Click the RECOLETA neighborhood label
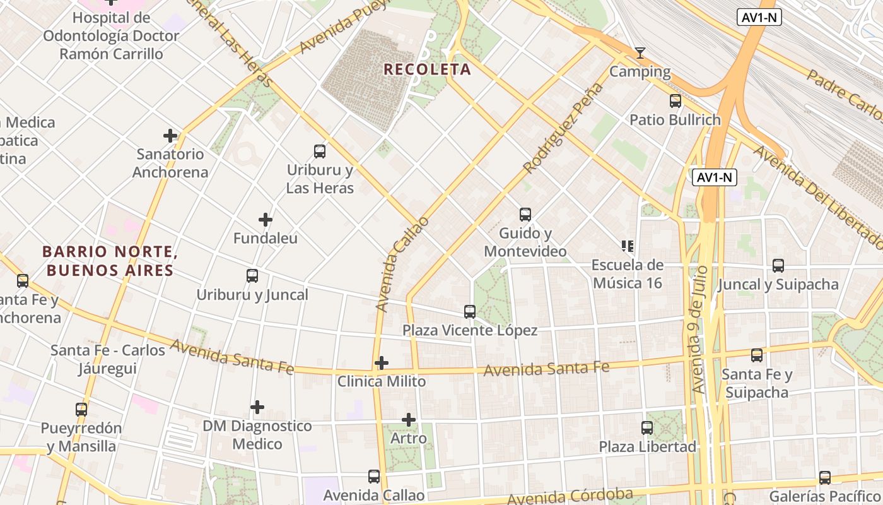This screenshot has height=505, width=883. click(427, 69)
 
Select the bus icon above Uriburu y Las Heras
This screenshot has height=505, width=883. click(320, 151)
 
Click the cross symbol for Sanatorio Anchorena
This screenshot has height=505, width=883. click(170, 136)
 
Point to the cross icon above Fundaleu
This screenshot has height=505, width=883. click(266, 220)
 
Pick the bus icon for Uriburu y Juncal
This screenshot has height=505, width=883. click(252, 276)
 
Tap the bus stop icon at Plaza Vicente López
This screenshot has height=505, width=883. click(470, 311)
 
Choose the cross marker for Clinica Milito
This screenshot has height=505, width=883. click(382, 363)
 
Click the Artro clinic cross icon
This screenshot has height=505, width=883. click(409, 420)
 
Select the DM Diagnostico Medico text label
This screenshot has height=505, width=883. click(257, 435)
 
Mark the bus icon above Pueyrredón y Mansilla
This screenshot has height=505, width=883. click(81, 409)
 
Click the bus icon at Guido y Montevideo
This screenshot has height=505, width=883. click(525, 215)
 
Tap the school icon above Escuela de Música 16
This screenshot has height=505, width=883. click(627, 246)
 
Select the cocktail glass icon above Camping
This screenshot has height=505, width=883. click(640, 53)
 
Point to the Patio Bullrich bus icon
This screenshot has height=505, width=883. click(675, 101)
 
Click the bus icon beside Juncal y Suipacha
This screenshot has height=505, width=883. click(778, 266)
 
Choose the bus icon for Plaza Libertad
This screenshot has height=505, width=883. click(647, 428)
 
